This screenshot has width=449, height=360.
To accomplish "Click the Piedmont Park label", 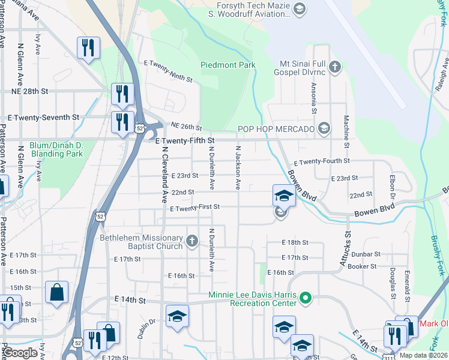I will point(228,65).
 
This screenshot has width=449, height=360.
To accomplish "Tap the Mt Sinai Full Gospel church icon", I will point(335,66).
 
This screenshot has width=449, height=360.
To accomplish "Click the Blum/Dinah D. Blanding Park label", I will point(56,149).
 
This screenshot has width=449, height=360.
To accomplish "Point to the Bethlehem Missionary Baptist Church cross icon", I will point(192,241).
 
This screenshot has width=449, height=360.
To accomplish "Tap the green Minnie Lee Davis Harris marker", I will point(306,297).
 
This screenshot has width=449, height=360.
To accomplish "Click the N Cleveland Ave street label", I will point(163,175).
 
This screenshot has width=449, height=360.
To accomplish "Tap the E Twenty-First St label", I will point(195,207).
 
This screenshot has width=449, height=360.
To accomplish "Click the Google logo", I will point(20,353).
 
